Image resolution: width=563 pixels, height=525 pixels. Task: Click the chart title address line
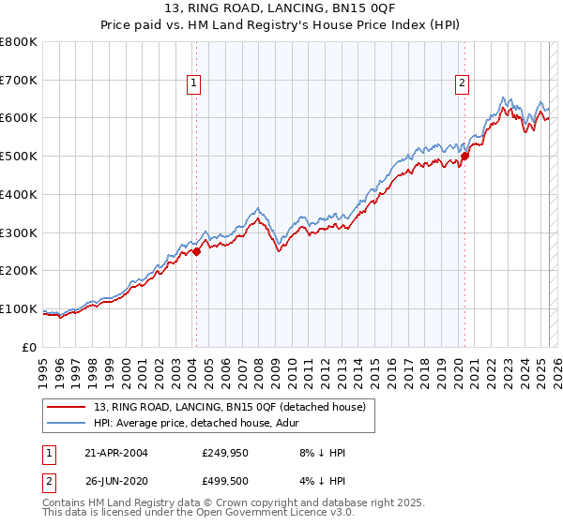point(281,9)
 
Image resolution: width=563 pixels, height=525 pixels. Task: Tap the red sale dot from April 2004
point(197,251)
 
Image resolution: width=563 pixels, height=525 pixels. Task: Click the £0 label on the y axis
point(30,347)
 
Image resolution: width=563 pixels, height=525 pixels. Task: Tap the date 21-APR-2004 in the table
point(115,453)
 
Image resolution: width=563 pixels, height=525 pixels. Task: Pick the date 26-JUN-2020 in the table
point(115,484)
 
